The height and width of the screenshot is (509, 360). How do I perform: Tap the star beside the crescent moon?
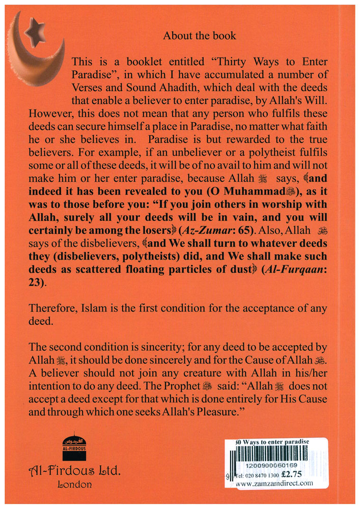pyautogui.click(x=35, y=34)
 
